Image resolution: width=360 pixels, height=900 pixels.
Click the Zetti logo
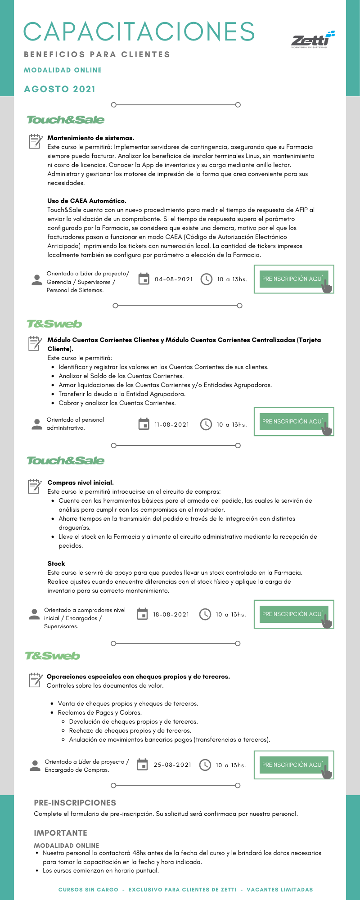coord(313,39)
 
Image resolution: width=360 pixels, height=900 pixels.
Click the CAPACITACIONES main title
coord(139,31)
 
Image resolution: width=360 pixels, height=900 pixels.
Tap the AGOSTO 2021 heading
coord(60,89)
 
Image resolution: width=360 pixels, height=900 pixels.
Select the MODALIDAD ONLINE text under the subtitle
coord(63,70)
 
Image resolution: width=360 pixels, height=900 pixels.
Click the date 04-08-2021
coord(174,279)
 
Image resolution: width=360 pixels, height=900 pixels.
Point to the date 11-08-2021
coord(172,425)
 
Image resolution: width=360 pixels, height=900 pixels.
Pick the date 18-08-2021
coord(171,615)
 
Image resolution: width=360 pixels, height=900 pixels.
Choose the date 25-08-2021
coord(172,765)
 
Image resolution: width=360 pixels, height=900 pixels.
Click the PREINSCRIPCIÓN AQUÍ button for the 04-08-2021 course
coord(293,279)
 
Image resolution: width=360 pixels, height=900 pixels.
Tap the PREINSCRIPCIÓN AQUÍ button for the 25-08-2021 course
coord(293,765)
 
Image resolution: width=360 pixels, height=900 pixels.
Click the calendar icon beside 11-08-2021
coord(144,424)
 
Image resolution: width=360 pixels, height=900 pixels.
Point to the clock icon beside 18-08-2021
coord(205,614)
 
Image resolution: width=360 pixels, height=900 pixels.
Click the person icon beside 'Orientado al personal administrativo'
coord(37,424)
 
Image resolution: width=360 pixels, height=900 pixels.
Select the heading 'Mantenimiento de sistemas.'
coord(91,138)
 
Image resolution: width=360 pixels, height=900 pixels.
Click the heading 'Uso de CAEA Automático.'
coord(87,201)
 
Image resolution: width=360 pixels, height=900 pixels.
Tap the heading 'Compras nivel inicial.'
coord(81,483)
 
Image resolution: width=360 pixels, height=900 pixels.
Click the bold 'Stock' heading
coord(56,563)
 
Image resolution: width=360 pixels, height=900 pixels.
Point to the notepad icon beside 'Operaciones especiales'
coord(35,679)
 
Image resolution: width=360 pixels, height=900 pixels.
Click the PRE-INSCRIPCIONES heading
coord(75,803)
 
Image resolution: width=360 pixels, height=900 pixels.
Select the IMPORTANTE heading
coord(61,833)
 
